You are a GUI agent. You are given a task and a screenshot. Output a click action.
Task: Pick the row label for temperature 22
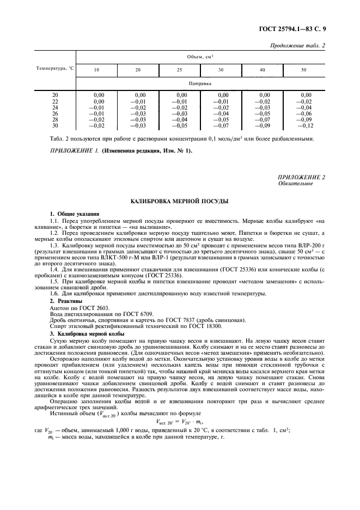pyautogui.click(x=55, y=101)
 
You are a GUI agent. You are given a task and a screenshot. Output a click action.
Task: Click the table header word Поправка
pyautogui.click(x=200, y=84)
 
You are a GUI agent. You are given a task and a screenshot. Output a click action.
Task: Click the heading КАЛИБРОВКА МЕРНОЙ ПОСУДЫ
pyautogui.click(x=180, y=201)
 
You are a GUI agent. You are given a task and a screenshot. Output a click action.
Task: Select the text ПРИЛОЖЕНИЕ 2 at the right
pyautogui.click(x=301, y=178)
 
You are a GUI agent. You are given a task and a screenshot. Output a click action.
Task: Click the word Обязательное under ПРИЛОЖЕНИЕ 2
pyautogui.click(x=295, y=184)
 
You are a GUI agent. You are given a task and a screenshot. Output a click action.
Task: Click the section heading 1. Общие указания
pyautogui.click(x=75, y=214)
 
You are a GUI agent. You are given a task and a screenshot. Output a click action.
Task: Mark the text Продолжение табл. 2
pyautogui.click(x=297, y=45)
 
